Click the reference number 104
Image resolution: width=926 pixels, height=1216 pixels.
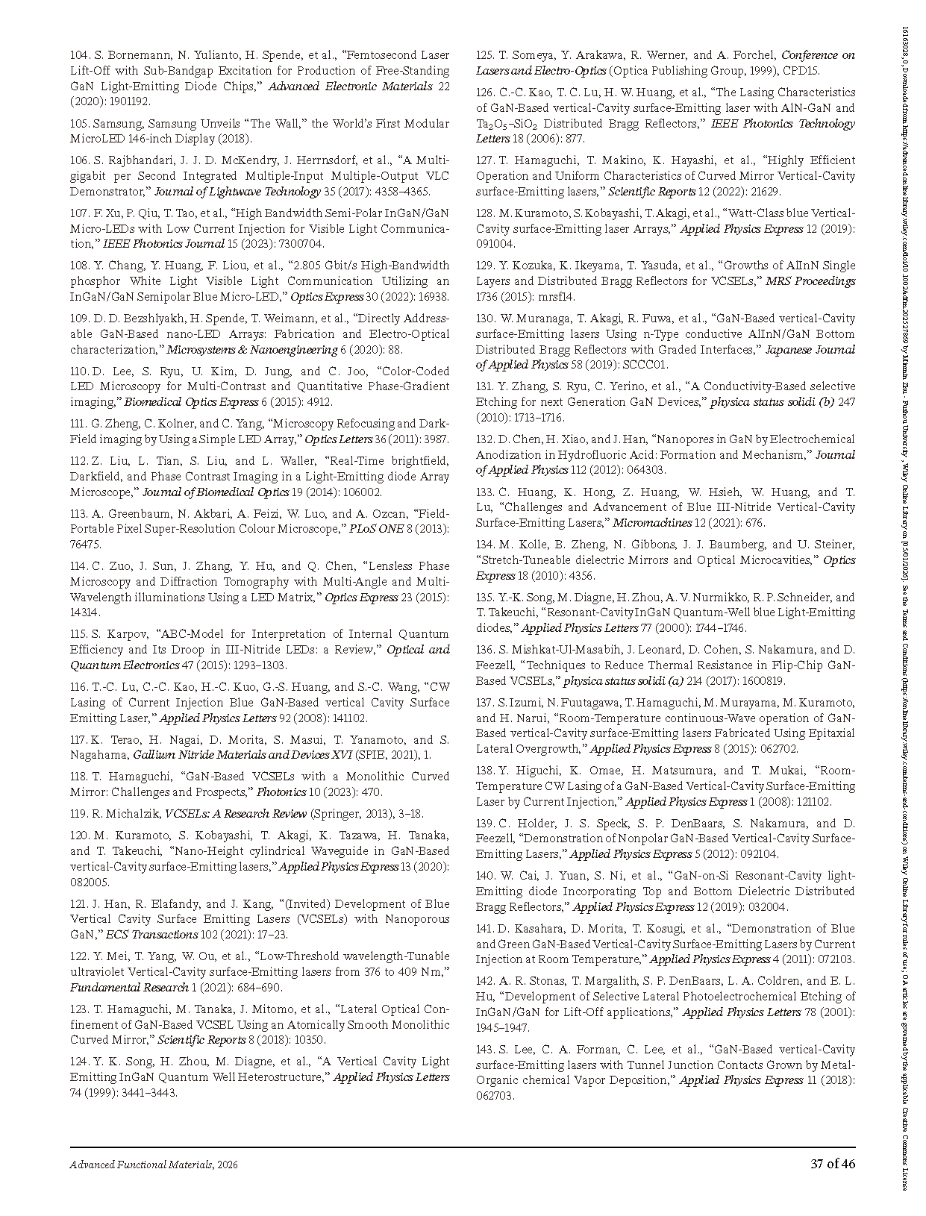point(80,55)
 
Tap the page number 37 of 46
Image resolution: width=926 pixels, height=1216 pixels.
point(833,1164)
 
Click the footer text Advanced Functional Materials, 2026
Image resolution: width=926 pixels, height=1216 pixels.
point(154,1165)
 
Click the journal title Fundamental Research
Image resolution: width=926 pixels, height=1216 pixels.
point(129,988)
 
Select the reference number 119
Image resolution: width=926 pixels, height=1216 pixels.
point(80,814)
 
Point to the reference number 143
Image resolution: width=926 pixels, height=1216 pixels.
point(486,1050)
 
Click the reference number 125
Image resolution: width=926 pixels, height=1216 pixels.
point(486,55)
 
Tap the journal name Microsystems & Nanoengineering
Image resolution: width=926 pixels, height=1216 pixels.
point(251,350)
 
